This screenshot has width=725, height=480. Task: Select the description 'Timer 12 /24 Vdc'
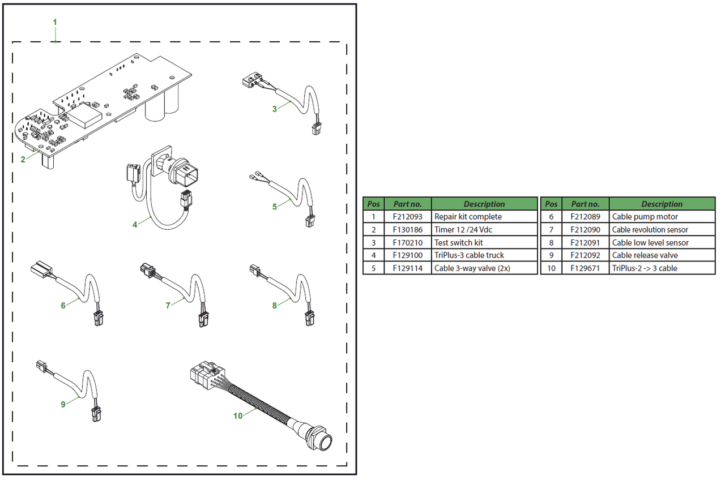460,230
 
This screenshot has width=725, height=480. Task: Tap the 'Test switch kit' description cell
458,243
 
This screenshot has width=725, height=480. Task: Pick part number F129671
586,268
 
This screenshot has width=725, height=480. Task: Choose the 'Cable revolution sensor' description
650,230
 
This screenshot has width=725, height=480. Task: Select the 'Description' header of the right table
662,204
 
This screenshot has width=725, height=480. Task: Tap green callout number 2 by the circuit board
23,160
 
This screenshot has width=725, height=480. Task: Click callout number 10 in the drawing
238,415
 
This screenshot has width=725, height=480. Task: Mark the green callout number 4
135,225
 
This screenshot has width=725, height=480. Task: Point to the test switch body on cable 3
249,82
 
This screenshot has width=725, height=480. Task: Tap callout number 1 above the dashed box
55,22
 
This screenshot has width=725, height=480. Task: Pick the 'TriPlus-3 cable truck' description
469,255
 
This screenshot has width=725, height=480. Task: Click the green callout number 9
63,404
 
